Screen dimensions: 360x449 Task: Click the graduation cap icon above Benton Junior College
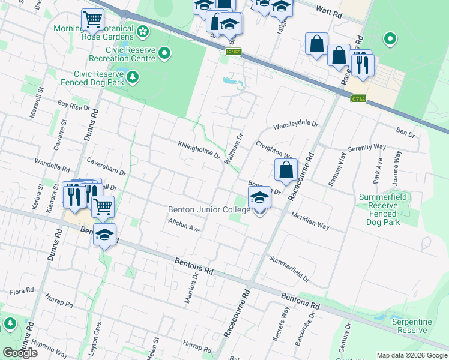click(259, 197)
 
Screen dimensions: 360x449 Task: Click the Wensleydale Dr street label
click(295, 126)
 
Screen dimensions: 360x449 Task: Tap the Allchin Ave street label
click(184, 226)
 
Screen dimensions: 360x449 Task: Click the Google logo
click(20, 353)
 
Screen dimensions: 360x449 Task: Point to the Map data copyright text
click(411, 355)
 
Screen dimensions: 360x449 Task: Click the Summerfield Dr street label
click(289, 269)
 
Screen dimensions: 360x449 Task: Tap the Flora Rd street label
click(22, 292)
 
